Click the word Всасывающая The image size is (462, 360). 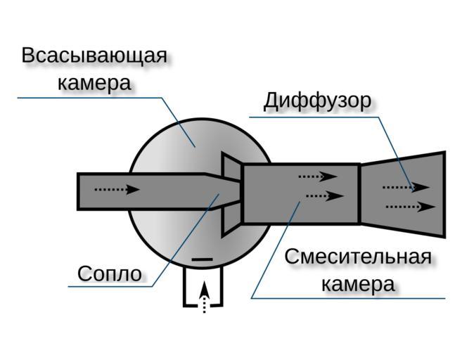(94, 56)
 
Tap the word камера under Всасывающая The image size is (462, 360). (94, 82)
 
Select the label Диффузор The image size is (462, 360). (317, 101)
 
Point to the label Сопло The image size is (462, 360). (109, 273)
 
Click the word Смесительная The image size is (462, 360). (358, 257)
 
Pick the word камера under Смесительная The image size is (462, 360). (358, 285)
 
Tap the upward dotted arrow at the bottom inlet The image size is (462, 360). (204, 296)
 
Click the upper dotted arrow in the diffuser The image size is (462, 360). (405, 187)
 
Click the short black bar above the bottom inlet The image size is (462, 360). (202, 259)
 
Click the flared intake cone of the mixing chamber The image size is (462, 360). (231, 193)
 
